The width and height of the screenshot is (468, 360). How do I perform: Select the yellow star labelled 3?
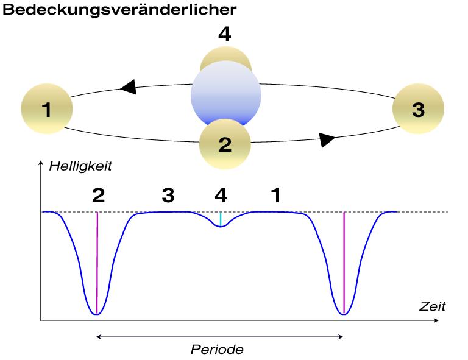pos(418,110)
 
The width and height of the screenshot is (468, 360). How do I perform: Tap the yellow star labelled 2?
pos(225,144)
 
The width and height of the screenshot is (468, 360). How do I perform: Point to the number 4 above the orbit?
pos(225,35)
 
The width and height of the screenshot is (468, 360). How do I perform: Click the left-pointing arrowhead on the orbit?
pos(128,88)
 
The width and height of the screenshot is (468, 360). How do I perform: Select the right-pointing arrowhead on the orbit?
pos(327,139)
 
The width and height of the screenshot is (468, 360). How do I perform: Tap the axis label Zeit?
pos(432,306)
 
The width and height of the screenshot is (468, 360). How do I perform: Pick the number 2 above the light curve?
pos(98,195)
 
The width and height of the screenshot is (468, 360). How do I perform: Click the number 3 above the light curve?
pos(168,195)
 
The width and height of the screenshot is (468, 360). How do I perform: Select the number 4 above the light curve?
pos(222,195)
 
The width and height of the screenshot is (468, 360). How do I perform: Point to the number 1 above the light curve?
pos(275,195)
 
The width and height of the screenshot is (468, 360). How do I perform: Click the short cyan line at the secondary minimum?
pos(221,219)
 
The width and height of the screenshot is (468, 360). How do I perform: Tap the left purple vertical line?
pos(97,262)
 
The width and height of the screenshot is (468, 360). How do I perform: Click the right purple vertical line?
pos(344,262)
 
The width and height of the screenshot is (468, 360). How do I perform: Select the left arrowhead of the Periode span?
pos(99,336)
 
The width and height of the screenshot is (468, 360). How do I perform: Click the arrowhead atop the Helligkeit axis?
pos(41,163)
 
